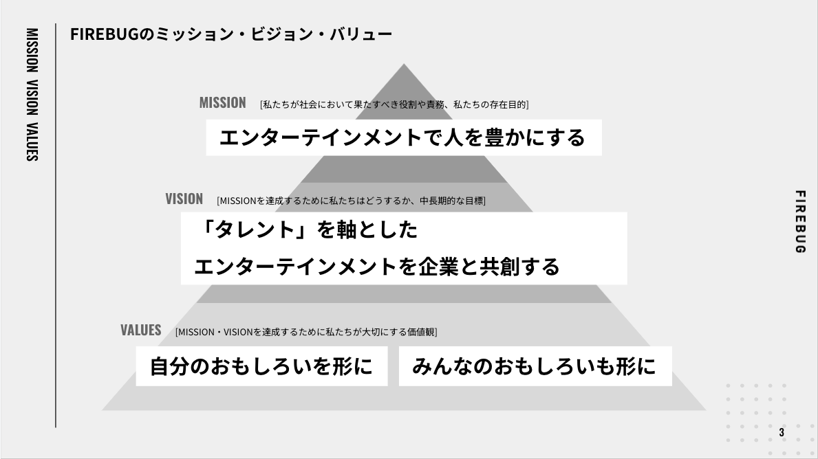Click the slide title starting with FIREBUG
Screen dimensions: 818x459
231,34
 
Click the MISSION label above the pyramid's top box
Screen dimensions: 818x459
222,102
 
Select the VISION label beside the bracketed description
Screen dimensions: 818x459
184,199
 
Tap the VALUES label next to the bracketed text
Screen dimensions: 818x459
141,331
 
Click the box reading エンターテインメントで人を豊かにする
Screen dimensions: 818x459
404,137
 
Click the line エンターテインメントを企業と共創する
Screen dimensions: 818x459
376,267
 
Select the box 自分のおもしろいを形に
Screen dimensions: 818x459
262,366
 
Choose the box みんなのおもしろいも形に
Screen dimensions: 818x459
535,366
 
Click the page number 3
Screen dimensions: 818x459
782,432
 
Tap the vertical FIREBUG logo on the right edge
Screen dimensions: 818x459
799,222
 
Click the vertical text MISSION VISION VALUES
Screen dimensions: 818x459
32,94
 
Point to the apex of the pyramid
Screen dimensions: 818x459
404,64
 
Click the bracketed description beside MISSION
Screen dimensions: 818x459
394,104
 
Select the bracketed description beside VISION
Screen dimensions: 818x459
351,201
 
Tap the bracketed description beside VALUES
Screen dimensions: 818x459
306,332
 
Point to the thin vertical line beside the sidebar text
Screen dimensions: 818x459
56,225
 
